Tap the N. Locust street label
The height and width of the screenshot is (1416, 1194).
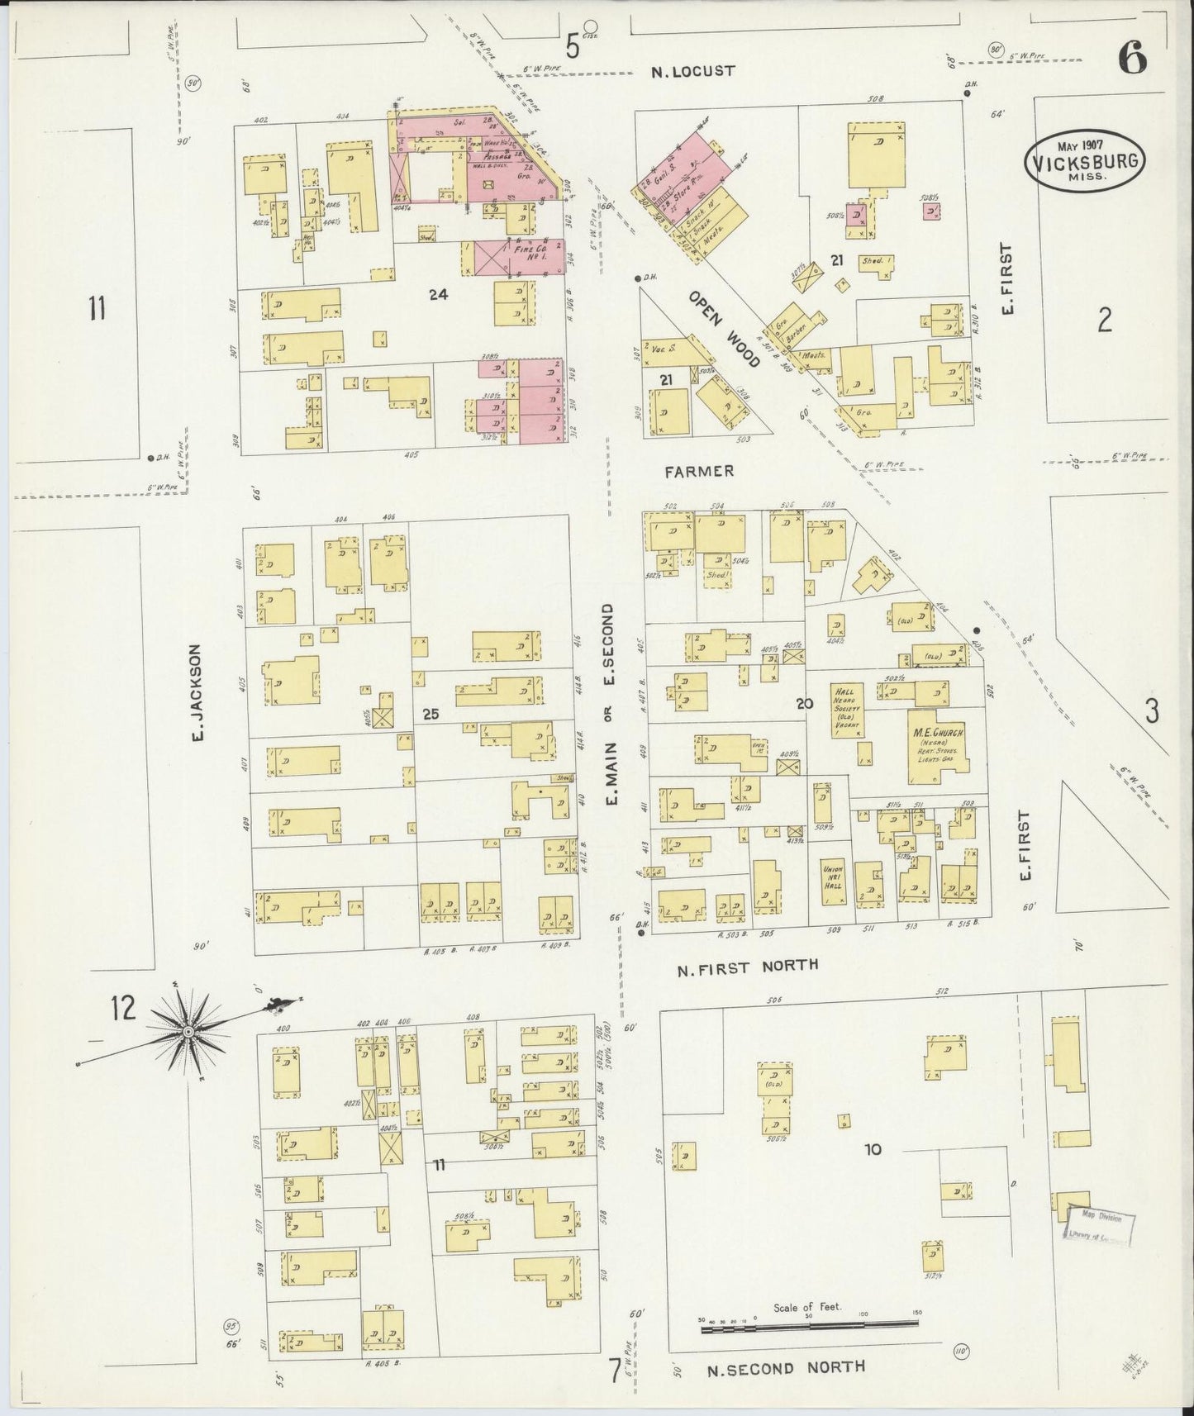click(x=692, y=71)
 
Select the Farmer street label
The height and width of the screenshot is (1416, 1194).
click(x=699, y=471)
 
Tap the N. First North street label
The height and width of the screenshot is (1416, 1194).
click(x=747, y=965)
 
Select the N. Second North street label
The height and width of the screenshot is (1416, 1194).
click(x=786, y=1366)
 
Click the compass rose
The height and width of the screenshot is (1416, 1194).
click(x=189, y=1032)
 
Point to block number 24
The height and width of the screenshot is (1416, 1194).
click(x=438, y=293)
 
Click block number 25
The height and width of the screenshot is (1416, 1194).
click(x=431, y=714)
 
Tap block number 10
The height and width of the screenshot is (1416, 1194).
click(x=873, y=1149)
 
